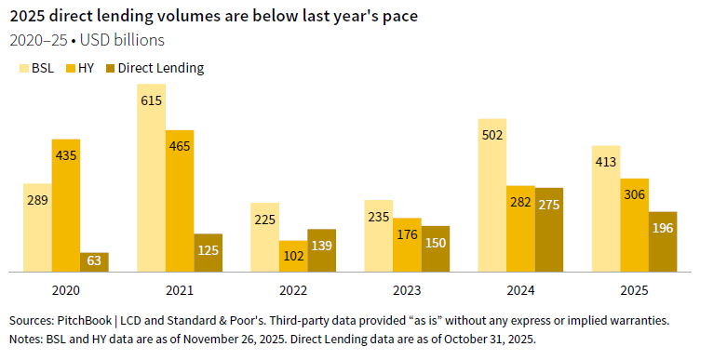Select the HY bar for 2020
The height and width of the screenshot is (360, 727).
(66, 205)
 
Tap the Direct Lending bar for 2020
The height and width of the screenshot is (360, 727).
(94, 261)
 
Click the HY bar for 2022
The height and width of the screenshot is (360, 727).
(293, 256)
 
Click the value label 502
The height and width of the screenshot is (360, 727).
(492, 135)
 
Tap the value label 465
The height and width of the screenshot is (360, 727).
(181, 146)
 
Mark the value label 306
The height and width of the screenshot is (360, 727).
(635, 193)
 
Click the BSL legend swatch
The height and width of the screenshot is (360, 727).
(25, 68)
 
